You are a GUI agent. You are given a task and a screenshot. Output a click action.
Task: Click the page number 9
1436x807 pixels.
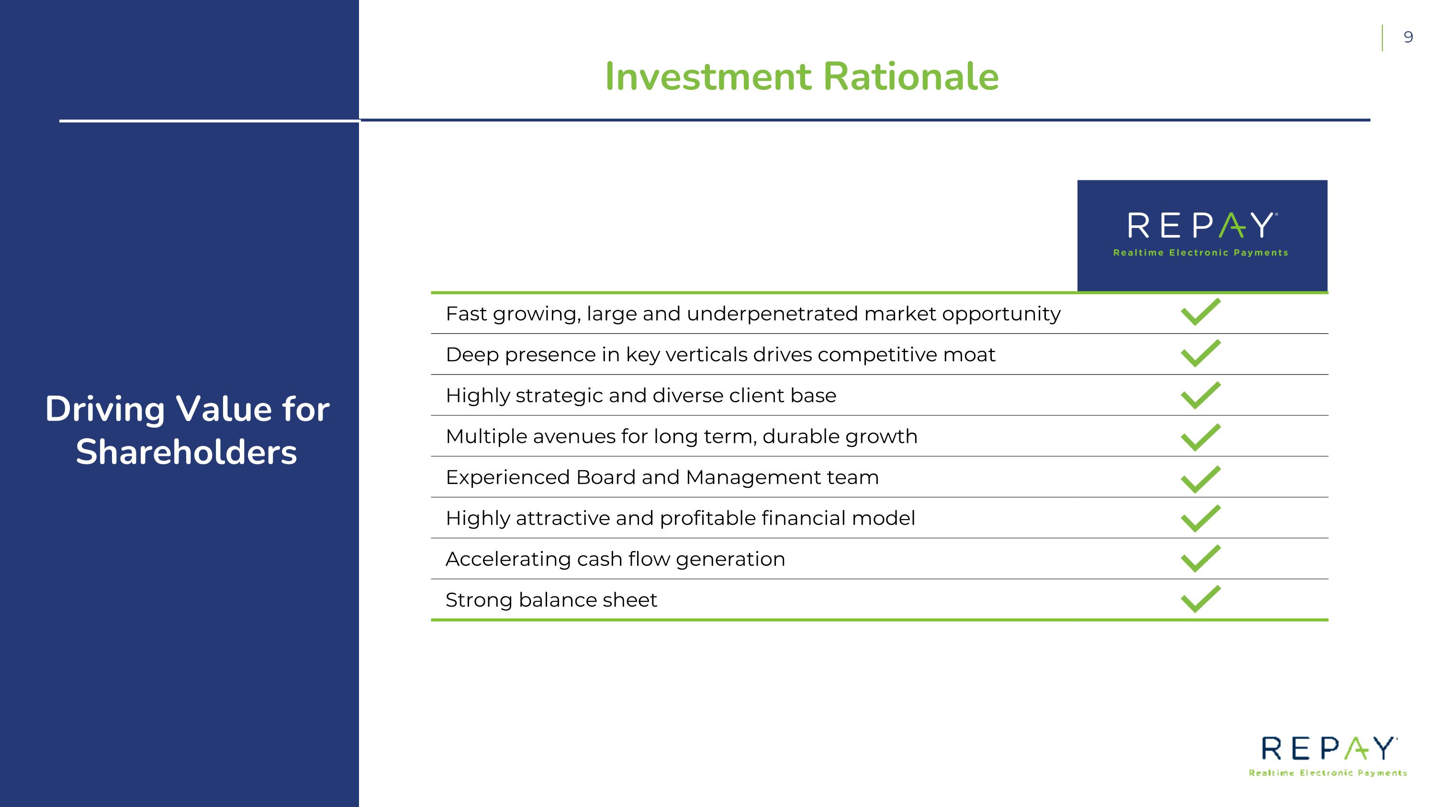pos(1408,37)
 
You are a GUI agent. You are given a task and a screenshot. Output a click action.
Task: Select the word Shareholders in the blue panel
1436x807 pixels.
pos(186,452)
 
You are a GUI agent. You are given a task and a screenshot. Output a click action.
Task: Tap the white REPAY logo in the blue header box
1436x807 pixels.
pos(1202,226)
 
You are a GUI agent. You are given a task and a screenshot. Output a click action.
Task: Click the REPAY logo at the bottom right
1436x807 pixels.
pos(1328,749)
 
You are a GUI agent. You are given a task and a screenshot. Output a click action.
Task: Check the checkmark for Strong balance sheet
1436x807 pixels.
pos(1200,599)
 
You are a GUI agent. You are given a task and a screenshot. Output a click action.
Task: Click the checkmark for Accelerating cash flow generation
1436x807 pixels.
pos(1200,559)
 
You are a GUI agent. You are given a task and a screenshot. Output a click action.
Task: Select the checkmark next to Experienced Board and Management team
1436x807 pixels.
pos(1200,479)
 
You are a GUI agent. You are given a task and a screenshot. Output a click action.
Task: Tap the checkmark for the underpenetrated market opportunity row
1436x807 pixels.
pos(1200,312)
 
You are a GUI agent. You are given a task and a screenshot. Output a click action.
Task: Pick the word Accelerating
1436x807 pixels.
pos(508,559)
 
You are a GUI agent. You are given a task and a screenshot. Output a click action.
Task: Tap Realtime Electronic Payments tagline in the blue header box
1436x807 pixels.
pos(1200,253)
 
